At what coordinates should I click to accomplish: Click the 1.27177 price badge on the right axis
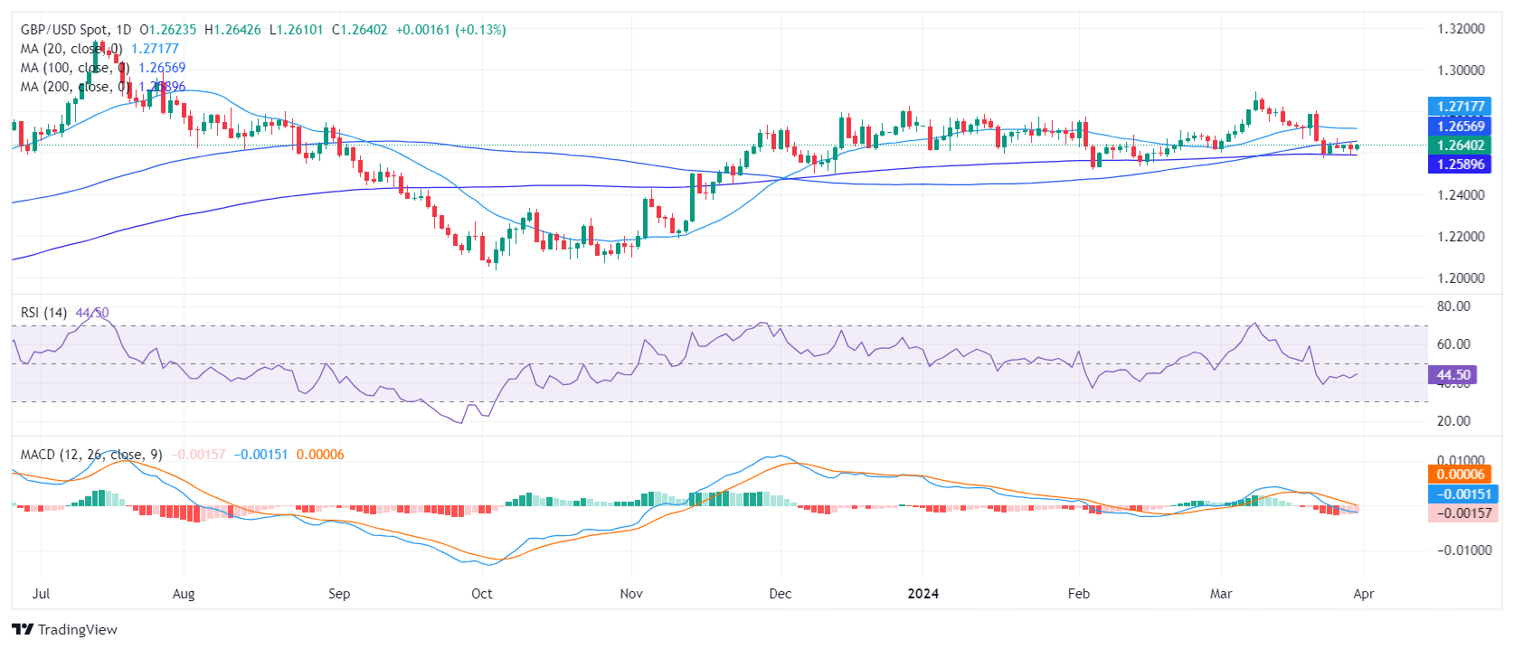(x=1461, y=107)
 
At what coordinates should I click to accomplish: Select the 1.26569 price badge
(x=1461, y=127)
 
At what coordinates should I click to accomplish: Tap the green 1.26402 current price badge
(x=1461, y=146)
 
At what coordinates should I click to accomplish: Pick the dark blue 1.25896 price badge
(x=1461, y=165)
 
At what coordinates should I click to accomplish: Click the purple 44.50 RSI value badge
(x=1452, y=374)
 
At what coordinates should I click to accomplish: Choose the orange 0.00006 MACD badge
(x=1461, y=475)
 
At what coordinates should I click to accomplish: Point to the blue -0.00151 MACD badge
(x=1464, y=494)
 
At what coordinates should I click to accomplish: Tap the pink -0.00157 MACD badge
(x=1464, y=513)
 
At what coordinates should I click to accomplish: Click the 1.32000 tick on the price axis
(x=1461, y=29)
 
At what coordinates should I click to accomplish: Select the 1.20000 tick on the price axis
(x=1461, y=278)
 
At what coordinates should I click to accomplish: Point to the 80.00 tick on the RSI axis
(x=1453, y=306)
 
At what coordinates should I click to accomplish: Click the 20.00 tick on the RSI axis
(x=1453, y=421)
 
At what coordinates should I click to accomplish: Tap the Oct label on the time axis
(x=482, y=594)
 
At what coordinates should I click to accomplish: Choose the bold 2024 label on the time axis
(x=923, y=594)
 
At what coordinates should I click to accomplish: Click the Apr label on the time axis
(x=1364, y=594)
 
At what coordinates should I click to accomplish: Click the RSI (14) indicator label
(x=43, y=313)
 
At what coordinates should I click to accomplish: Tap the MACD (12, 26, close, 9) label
(x=91, y=455)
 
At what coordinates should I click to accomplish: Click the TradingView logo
(x=65, y=630)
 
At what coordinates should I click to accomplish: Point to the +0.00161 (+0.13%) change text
(x=450, y=30)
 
